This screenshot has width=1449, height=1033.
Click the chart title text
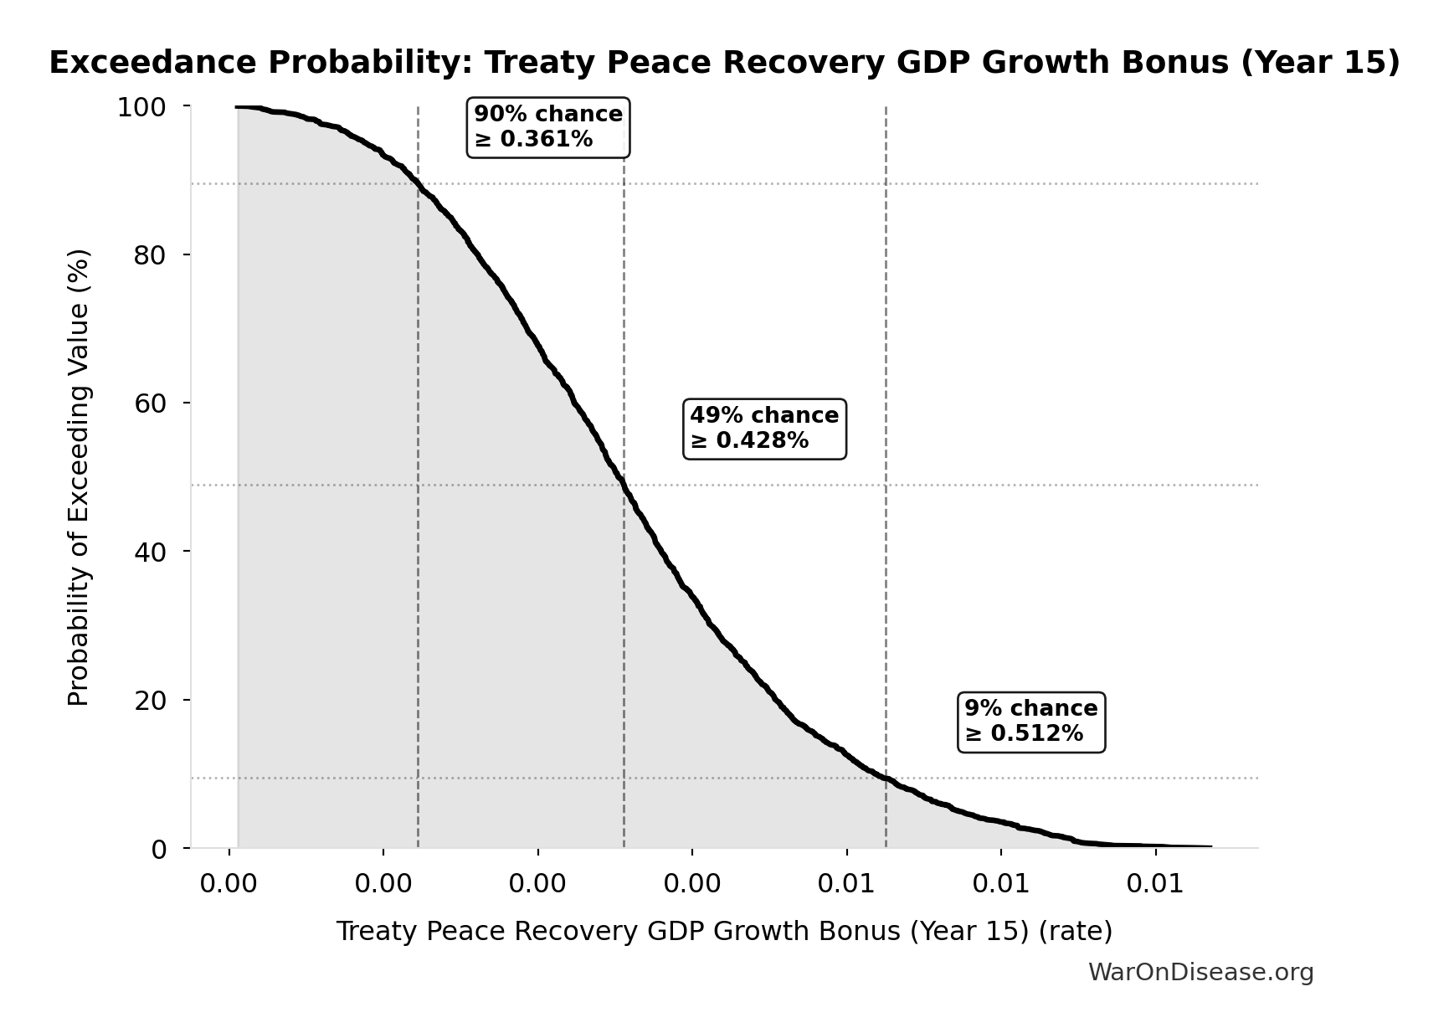click(x=724, y=63)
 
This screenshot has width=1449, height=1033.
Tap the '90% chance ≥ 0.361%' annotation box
click(x=548, y=126)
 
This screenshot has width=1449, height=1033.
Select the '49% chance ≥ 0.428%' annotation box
click(x=764, y=428)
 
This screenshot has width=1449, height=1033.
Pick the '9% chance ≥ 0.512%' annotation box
click(x=1030, y=721)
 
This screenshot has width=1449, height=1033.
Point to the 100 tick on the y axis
click(x=141, y=107)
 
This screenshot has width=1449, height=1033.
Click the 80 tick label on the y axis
click(x=150, y=255)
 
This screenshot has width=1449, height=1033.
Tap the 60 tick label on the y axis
click(x=150, y=403)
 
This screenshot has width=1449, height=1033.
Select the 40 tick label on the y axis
click(x=150, y=552)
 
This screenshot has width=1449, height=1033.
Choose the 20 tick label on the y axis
click(x=150, y=700)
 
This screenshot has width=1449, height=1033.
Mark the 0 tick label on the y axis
click(x=159, y=849)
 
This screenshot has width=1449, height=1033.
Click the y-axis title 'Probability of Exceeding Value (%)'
click(x=78, y=477)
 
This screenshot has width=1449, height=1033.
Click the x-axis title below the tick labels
click(x=724, y=931)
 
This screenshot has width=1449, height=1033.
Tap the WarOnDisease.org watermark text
click(x=1200, y=972)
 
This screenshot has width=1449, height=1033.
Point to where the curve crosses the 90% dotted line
click(x=418, y=183)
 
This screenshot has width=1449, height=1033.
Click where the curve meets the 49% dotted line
click(x=624, y=485)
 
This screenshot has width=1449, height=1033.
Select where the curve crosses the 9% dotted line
click(x=886, y=778)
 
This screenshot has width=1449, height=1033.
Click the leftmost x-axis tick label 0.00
click(x=229, y=884)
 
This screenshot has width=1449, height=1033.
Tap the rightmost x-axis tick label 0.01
click(x=1155, y=884)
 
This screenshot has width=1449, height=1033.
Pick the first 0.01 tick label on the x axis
click(x=846, y=884)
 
